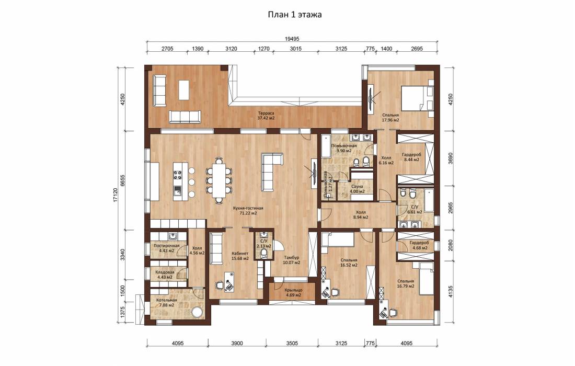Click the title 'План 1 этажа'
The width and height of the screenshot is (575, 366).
(294, 15)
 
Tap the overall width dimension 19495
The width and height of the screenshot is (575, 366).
(292, 39)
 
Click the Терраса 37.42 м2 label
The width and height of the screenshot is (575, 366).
(266, 116)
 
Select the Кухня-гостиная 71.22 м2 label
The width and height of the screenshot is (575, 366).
(248, 211)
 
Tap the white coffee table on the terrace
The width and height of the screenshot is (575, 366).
(183, 90)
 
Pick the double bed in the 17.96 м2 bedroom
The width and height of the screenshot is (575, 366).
(418, 98)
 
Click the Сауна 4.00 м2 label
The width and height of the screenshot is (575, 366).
(357, 189)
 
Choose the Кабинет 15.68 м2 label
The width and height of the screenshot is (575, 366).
(240, 256)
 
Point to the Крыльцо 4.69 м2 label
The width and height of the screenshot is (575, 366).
(293, 292)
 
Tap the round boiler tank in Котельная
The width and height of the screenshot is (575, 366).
(199, 313)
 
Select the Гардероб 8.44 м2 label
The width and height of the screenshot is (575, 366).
(411, 157)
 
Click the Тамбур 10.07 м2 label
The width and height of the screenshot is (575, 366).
(292, 260)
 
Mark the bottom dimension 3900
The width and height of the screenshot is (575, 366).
(237, 344)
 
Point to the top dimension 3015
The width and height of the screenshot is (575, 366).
(295, 49)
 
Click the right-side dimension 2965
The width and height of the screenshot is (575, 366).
(450, 208)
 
